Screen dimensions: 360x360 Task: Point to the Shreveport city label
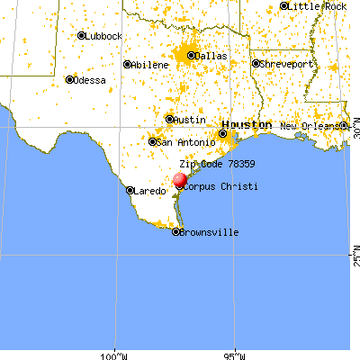[x=287, y=64]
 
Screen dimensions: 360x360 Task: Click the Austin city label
[x=190, y=119]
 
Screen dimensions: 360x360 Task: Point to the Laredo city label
[x=150, y=191]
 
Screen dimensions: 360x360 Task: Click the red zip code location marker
[x=179, y=180]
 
